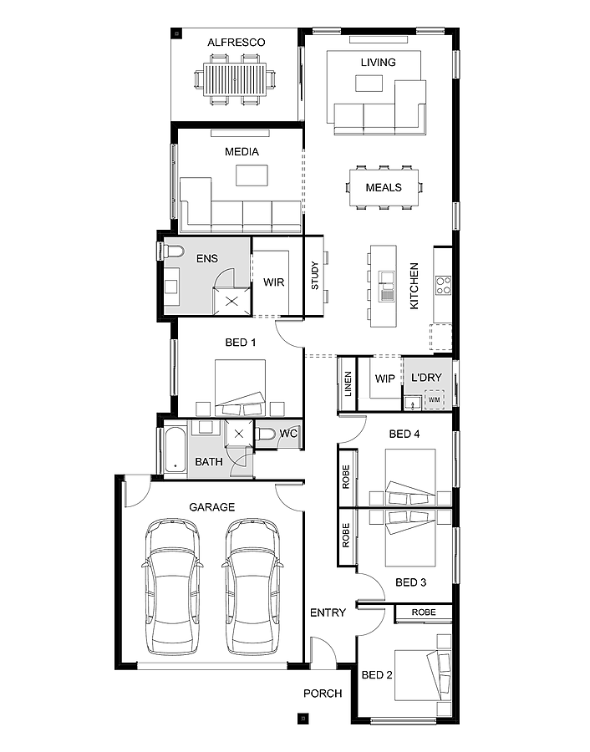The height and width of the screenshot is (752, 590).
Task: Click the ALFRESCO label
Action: (237, 42)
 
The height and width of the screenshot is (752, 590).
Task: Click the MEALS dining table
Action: (384, 187)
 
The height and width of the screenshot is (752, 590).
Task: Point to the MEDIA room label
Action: (242, 152)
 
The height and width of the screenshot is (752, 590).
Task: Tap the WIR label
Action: (273, 282)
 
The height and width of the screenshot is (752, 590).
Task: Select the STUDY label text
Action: (315, 277)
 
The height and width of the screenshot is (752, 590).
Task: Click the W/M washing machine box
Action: (434, 400)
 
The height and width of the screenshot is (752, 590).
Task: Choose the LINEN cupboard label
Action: (348, 384)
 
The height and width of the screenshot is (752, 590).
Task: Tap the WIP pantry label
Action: (384, 379)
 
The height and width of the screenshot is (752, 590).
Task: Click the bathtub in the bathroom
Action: (174, 451)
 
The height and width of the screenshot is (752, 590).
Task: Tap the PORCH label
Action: (323, 694)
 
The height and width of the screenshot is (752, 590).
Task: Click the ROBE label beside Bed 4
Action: (346, 475)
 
